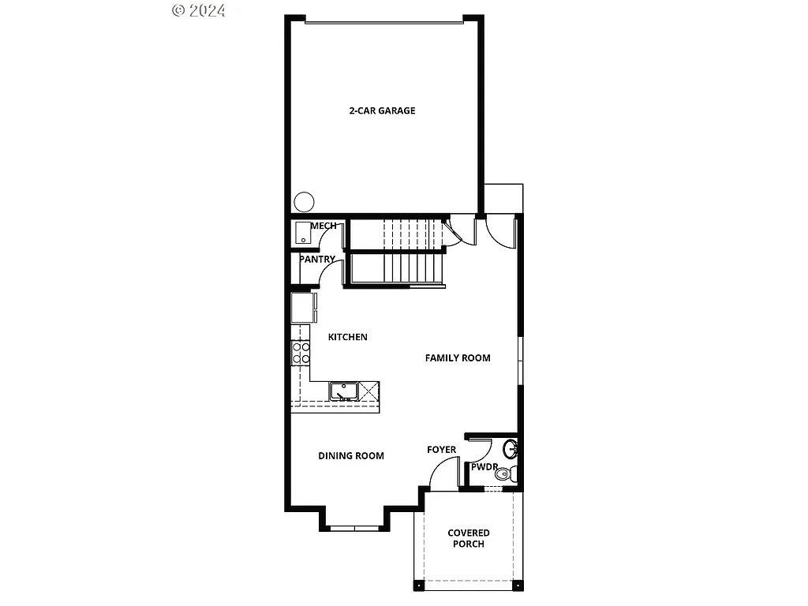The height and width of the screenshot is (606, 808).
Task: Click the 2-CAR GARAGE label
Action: point(382,111)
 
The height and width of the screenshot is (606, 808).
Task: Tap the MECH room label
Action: point(324,226)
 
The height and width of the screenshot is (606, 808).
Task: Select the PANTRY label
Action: point(317,260)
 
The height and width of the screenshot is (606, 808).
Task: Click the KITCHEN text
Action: point(348,338)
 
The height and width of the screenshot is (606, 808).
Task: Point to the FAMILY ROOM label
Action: point(458,358)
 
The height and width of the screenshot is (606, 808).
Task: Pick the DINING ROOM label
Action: point(351,456)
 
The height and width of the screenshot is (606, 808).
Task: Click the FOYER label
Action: point(442,450)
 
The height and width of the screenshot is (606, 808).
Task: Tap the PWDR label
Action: point(484,467)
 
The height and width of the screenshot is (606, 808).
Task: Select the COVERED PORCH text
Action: point(469,539)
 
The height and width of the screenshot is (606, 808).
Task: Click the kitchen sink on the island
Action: point(344,391)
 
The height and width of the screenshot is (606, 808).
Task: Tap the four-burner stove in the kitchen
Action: point(301,352)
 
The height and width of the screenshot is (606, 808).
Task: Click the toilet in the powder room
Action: point(511,474)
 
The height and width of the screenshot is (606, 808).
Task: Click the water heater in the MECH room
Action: point(304,234)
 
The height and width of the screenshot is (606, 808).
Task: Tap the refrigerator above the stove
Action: point(302,309)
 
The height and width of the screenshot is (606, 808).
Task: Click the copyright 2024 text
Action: point(199,10)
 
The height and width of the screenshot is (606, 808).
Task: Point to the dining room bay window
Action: point(354,526)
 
